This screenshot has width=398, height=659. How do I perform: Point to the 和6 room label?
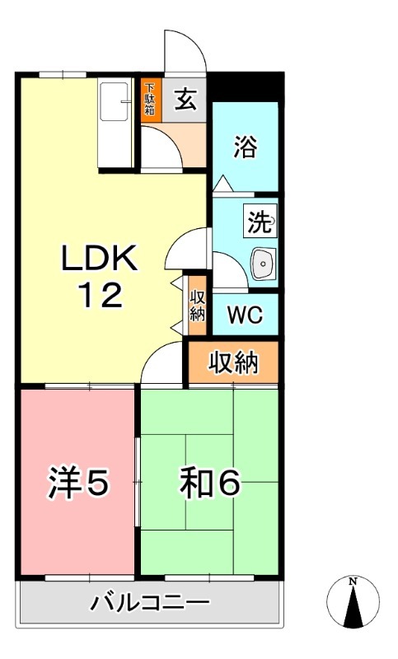[x=210, y=484]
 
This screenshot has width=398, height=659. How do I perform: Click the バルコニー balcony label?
[x=151, y=603]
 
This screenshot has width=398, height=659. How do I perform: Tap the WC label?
[x=245, y=315]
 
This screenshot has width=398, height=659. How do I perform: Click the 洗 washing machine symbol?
[x=260, y=221]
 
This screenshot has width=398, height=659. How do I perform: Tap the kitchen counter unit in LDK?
[x=114, y=123]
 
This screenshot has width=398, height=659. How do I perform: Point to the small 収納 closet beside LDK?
[x=197, y=305]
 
